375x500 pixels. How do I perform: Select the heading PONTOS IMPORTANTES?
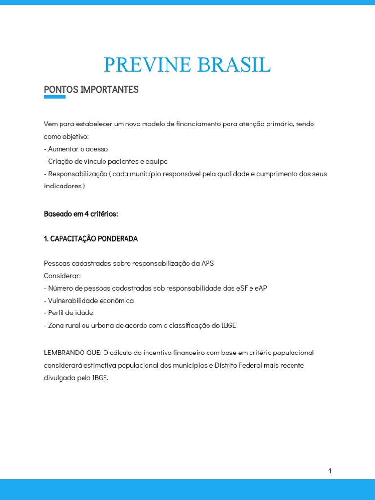coord(91,90)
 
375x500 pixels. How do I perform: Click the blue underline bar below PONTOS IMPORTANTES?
coord(55,97)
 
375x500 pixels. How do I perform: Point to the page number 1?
coord(330,471)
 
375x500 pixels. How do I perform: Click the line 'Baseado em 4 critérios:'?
coord(81,214)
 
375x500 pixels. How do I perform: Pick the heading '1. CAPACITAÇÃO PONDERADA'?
coord(91,239)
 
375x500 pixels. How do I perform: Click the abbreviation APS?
coord(208,263)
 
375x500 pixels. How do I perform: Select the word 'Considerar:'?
coord(62,276)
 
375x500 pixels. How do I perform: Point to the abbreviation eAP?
coord(261,288)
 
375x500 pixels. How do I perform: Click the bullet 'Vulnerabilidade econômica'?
coord(89,301)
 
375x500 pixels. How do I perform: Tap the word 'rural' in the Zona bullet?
coord(75,326)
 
